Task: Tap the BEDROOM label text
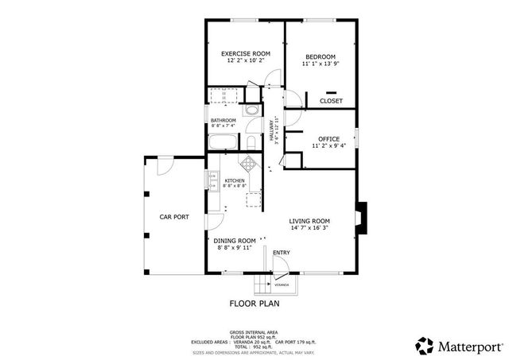(x=320, y=56)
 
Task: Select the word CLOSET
(x=331, y=101)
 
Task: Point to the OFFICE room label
(x=329, y=138)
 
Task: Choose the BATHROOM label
(x=223, y=120)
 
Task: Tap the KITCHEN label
(x=234, y=180)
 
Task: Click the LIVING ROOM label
(x=309, y=220)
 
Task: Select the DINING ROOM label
(x=234, y=240)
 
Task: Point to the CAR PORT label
(x=173, y=216)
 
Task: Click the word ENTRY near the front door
(x=281, y=253)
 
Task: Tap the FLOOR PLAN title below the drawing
(x=254, y=303)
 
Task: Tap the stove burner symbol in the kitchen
(x=249, y=164)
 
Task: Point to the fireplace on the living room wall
(x=362, y=216)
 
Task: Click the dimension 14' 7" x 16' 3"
(x=309, y=228)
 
